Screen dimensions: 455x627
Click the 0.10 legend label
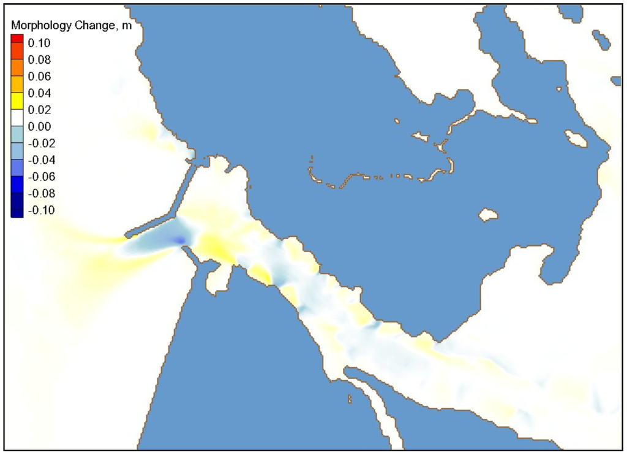[37, 43]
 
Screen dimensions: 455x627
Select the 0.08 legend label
[37, 60]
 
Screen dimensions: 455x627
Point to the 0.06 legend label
[37, 77]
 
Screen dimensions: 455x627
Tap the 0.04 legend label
[37, 93]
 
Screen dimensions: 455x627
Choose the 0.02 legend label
[37, 110]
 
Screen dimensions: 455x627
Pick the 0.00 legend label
[37, 126]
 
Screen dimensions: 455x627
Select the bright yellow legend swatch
[17, 93]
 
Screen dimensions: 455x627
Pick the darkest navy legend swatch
[17, 210]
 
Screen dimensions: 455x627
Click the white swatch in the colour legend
[17, 110]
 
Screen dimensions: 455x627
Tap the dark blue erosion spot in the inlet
[178, 240]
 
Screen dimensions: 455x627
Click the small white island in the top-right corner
[601, 41]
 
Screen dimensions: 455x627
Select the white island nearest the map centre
[488, 215]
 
